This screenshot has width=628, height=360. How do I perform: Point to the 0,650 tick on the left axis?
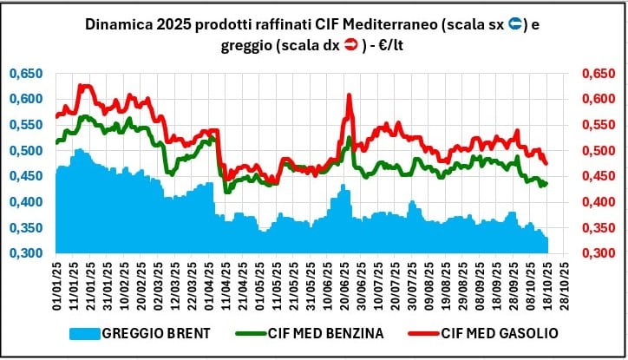tap(26, 74)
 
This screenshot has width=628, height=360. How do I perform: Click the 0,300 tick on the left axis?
tap(26, 253)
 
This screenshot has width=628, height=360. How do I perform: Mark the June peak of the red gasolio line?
tap(348, 95)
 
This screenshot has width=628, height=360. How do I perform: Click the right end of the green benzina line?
tap(547, 183)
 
